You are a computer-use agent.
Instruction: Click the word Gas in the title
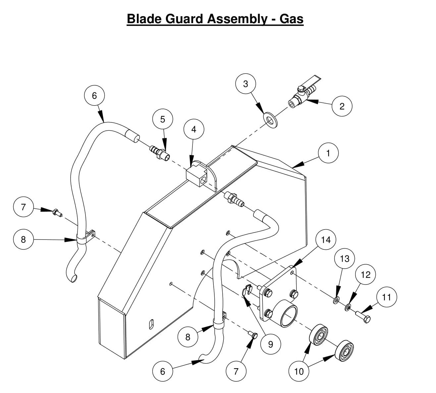coord(292,19)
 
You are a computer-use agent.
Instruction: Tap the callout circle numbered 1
coord(328,153)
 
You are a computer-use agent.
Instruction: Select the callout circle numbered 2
coord(342,106)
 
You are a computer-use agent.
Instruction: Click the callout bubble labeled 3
coord(245,84)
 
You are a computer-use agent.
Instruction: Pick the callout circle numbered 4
coord(194,129)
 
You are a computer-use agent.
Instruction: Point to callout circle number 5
coord(162,119)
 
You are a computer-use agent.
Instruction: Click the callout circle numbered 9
coord(271,344)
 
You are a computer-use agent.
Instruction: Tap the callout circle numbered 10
coord(299,371)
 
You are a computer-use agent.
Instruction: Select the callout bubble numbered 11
coord(387,297)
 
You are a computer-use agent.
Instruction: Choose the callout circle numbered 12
coord(366,275)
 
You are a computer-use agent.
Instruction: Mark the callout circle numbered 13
coord(345,258)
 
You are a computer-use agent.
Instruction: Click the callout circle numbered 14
coord(326,240)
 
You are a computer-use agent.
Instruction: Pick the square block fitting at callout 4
coord(196,176)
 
